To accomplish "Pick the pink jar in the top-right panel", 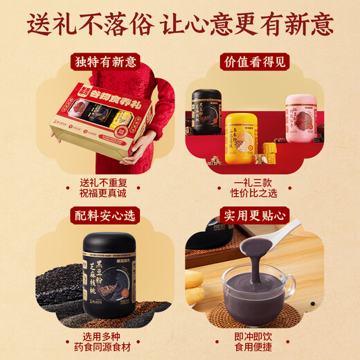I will coord(304,121).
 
